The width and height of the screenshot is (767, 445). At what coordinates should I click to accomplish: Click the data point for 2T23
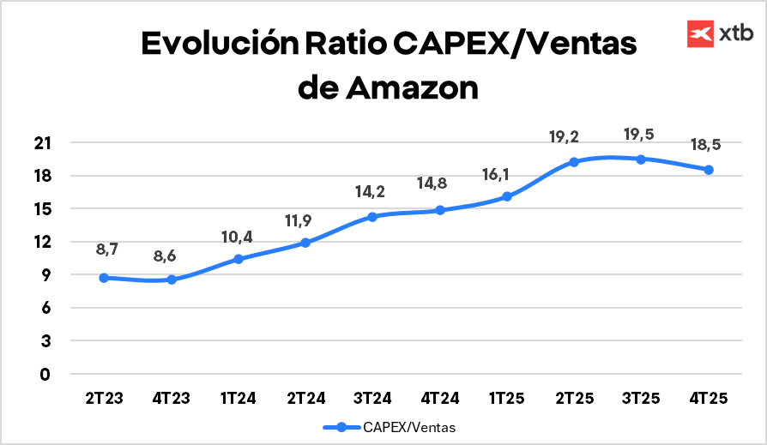104,278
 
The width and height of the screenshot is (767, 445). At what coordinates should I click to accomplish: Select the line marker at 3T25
641,159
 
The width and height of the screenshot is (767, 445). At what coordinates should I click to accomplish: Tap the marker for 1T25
507,196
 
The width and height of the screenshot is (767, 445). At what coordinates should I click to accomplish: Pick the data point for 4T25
709,170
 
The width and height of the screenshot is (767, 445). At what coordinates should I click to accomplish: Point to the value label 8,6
172,256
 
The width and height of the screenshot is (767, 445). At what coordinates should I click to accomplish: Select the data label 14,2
372,192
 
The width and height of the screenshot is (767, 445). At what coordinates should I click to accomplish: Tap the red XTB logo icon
702,33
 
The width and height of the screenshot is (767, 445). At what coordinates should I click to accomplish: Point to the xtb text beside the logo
736,33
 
